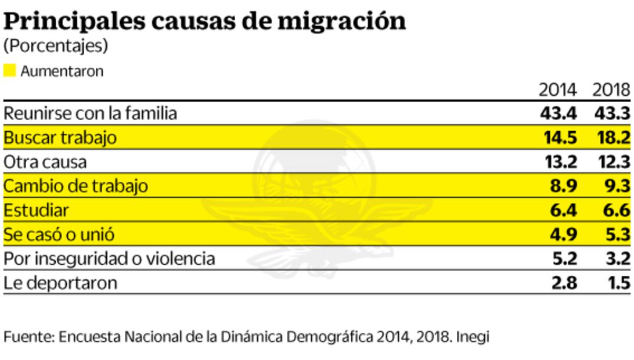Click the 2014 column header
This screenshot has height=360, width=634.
tap(557, 90)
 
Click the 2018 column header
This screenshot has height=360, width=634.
tap(611, 90)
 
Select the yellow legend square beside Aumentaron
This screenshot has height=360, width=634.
tap(10, 71)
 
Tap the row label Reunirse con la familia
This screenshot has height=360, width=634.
tap(90, 113)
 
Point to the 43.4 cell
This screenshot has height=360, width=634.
tap(558, 113)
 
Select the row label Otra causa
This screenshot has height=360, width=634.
tap(45, 162)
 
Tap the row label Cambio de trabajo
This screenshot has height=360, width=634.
tap(75, 186)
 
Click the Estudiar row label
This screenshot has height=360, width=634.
tap(36, 210)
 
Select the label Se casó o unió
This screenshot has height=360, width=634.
tap(59, 235)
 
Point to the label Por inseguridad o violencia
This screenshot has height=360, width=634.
tap(109, 258)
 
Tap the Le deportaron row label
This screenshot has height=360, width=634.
tap(60, 283)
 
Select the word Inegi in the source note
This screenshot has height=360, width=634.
tap(473, 337)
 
